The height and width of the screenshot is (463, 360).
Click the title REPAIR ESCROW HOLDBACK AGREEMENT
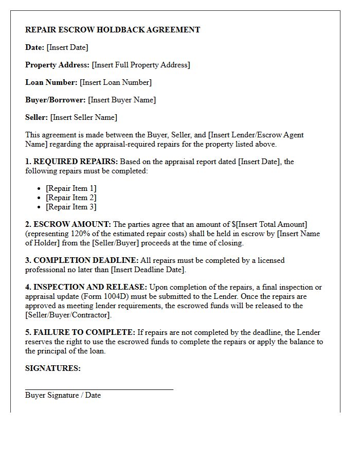pyautogui.click(x=113, y=30)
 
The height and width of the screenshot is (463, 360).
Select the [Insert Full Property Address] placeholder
pyautogui.click(x=140, y=65)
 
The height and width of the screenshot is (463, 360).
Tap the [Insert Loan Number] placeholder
pyautogui.click(x=116, y=82)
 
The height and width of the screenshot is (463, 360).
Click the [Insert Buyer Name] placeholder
pyautogui.click(x=122, y=100)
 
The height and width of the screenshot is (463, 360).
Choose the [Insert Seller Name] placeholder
pyautogui.click(x=84, y=117)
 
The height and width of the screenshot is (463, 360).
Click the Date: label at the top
pyautogui.click(x=34, y=47)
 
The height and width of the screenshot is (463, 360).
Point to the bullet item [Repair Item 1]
pyautogui.click(x=71, y=188)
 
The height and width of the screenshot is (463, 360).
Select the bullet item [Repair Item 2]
pyautogui.click(x=71, y=198)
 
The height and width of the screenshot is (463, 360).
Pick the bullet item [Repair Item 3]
pyautogui.click(x=71, y=207)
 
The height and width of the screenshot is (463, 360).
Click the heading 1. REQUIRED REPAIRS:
pyautogui.click(x=71, y=162)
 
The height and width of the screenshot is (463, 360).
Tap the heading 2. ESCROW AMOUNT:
pyautogui.click(x=68, y=224)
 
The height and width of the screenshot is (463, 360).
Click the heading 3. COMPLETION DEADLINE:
pyautogui.click(x=82, y=260)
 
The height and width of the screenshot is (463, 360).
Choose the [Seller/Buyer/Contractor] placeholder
pyautogui.click(x=68, y=315)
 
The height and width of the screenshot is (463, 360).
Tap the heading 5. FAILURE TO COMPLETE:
pyautogui.click(x=80, y=332)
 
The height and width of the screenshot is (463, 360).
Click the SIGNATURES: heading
pyautogui.click(x=53, y=368)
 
